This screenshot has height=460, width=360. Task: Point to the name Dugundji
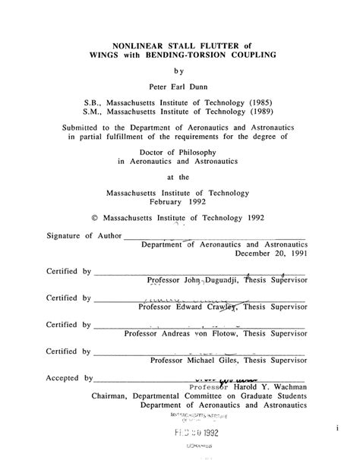tap(226, 280)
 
